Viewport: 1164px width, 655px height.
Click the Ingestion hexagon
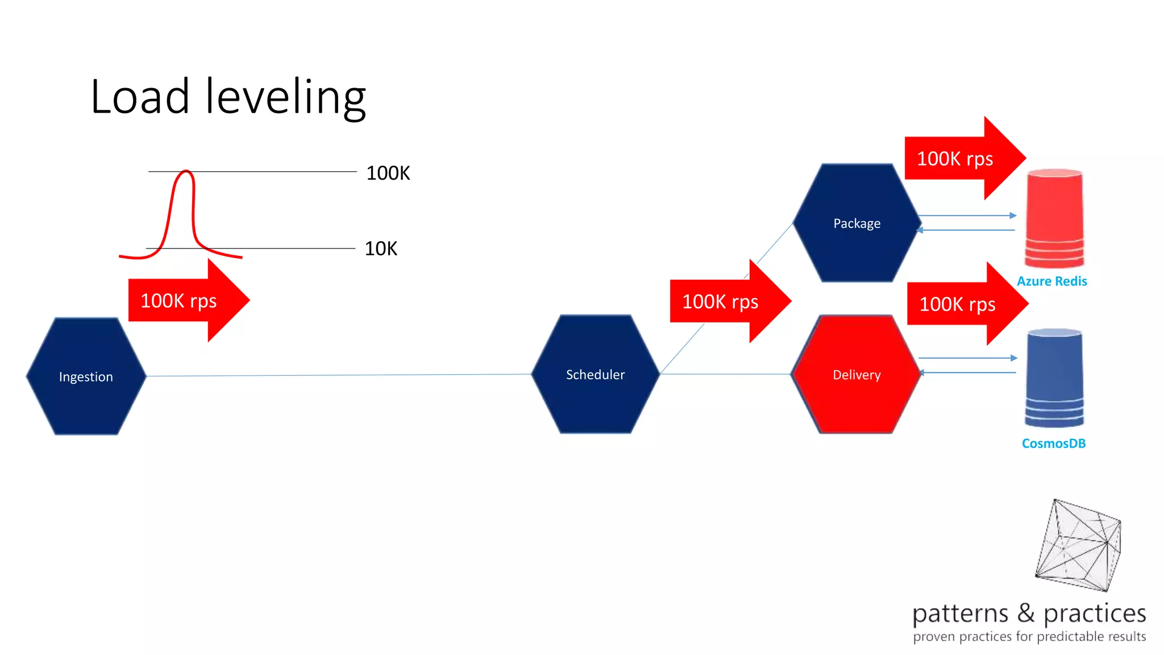86,376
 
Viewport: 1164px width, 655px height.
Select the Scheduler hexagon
595,374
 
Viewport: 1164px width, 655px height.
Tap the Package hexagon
857,223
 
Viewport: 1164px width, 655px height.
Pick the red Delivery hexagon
856,375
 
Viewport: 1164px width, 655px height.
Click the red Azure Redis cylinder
1054,219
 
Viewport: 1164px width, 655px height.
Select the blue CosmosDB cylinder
1054,378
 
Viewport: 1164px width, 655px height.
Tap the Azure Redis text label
1051,281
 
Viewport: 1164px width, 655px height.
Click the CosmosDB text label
1053,443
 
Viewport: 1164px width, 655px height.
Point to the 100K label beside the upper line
388,173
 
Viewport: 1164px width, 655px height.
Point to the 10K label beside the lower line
381,248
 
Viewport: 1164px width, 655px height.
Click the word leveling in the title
285,98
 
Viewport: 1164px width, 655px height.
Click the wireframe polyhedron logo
1077,546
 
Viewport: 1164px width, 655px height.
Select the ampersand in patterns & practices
1026,613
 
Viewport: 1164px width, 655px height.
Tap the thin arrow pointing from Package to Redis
966,215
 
